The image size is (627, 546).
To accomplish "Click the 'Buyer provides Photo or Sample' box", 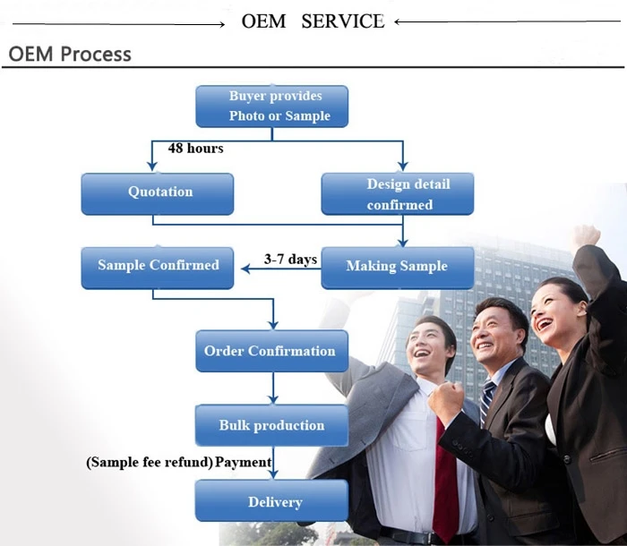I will (x=272, y=107).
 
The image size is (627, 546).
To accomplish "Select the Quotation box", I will (x=158, y=193).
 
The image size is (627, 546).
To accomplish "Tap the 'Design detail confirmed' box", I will (x=398, y=194).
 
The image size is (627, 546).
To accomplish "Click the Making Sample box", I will (x=398, y=267).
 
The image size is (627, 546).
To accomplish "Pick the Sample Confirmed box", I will (x=158, y=267).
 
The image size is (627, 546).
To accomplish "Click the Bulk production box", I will (x=271, y=426).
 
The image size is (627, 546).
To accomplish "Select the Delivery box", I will (x=272, y=502).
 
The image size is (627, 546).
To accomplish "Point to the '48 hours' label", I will (x=195, y=148).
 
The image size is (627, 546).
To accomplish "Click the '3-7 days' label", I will (x=290, y=259).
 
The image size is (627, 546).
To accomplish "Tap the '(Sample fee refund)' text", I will (x=150, y=463).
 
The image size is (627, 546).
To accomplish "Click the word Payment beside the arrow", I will (x=243, y=463).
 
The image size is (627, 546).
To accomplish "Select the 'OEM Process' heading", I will (x=70, y=54).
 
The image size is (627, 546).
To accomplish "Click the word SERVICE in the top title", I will (x=343, y=21).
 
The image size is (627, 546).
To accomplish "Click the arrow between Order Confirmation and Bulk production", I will (x=272, y=388).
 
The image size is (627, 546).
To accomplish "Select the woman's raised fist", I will (x=585, y=237).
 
